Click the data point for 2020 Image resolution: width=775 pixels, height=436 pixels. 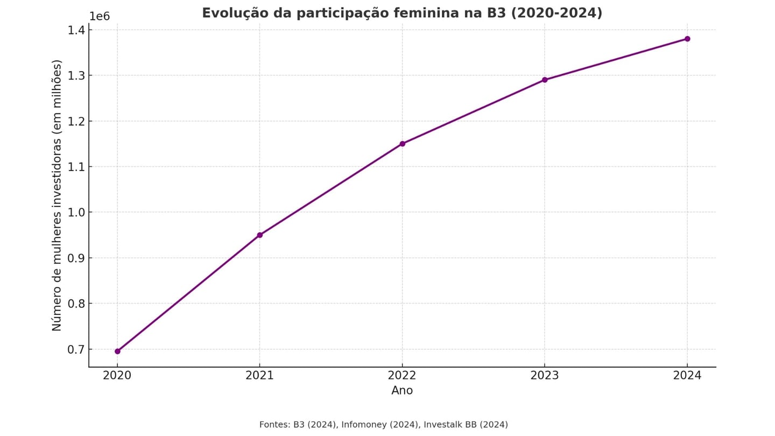117,351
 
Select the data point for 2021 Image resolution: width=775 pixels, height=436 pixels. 260,235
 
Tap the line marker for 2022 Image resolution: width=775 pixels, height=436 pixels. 402,144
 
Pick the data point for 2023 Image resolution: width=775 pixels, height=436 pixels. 545,80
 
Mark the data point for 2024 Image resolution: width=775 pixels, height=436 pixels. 687,39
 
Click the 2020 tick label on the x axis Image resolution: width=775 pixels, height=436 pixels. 117,376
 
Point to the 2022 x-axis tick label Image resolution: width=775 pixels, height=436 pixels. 402,376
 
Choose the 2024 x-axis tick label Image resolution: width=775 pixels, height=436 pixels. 687,376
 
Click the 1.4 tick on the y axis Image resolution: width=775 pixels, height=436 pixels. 76,30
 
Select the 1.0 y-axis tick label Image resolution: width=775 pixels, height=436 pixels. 76,213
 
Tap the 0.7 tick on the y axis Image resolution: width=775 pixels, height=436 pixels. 76,349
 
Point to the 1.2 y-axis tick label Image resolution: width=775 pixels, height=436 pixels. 76,121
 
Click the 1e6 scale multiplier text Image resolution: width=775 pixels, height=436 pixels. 100,16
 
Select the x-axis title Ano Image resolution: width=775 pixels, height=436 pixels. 402,391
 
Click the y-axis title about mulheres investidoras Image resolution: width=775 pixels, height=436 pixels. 57,195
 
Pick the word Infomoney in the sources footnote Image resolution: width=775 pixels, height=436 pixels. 364,425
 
